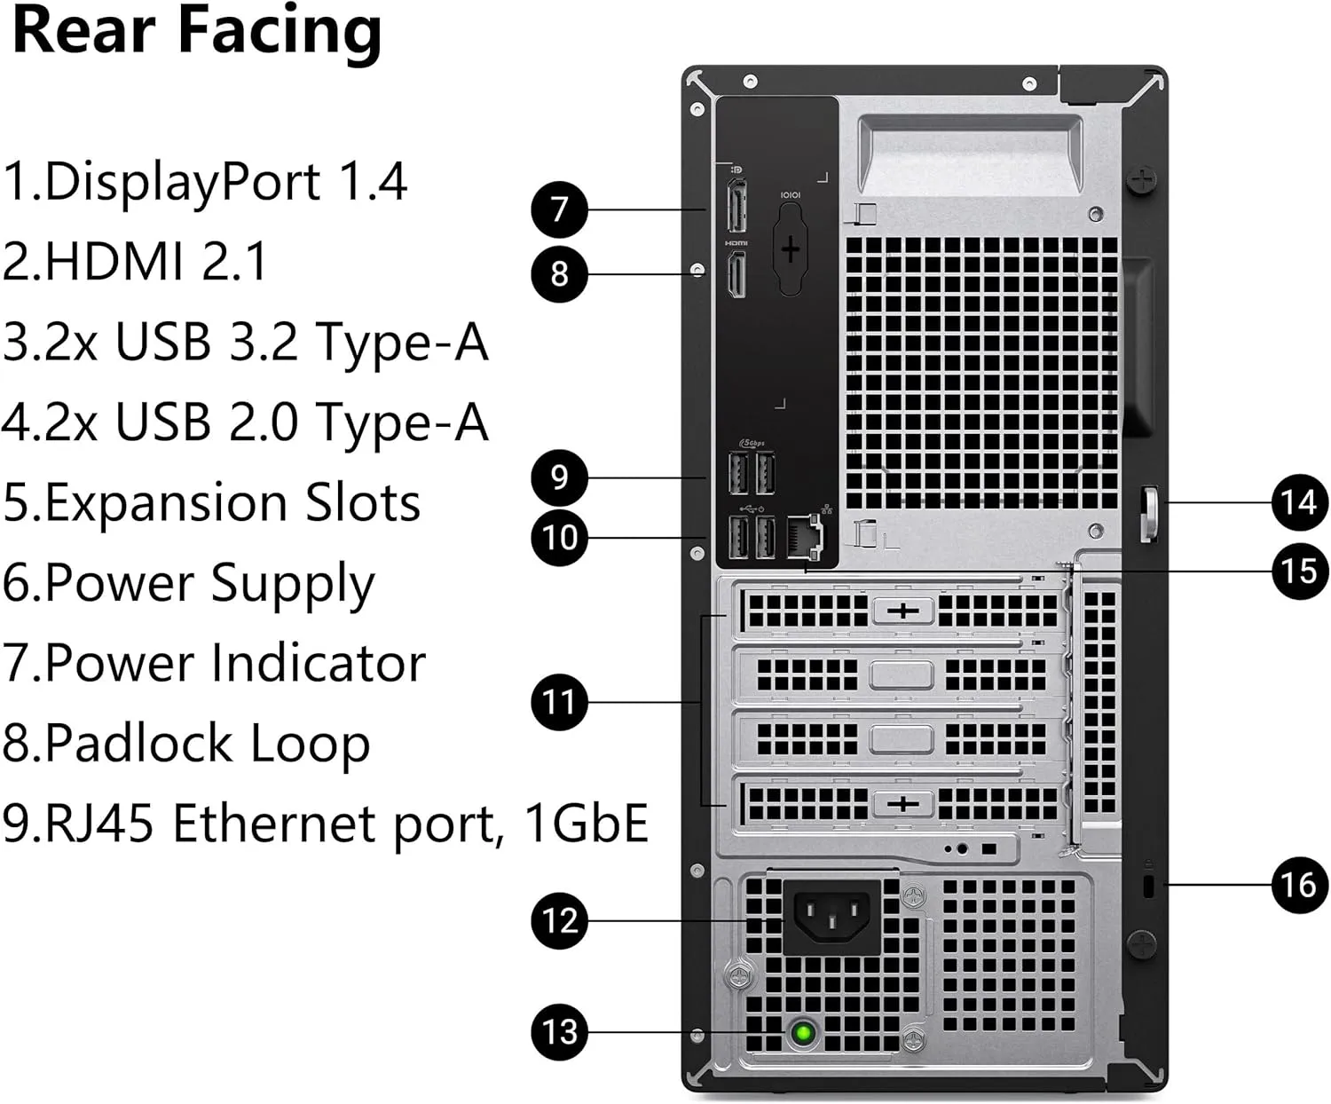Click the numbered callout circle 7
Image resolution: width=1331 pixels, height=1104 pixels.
point(559,209)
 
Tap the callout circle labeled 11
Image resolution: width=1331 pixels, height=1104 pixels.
point(559,702)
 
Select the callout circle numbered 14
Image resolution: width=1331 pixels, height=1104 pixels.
point(1299,502)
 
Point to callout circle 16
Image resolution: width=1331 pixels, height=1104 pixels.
point(1299,884)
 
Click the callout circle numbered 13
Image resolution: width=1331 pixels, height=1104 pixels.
point(559,1031)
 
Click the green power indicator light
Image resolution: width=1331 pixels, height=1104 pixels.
point(804,1033)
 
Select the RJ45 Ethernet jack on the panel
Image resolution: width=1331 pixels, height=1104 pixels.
point(805,537)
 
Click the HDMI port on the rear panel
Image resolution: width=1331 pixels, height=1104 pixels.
point(736,274)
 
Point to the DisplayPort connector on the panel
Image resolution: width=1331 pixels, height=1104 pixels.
point(736,206)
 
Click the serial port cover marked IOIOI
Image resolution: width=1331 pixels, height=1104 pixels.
point(790,249)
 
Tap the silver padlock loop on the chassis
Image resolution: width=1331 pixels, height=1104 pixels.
point(1149,513)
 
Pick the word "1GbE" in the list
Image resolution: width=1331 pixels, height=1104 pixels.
point(586,823)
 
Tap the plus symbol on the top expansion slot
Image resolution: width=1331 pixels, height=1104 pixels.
point(902,611)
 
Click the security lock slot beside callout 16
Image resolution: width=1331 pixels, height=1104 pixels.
point(1149,885)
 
